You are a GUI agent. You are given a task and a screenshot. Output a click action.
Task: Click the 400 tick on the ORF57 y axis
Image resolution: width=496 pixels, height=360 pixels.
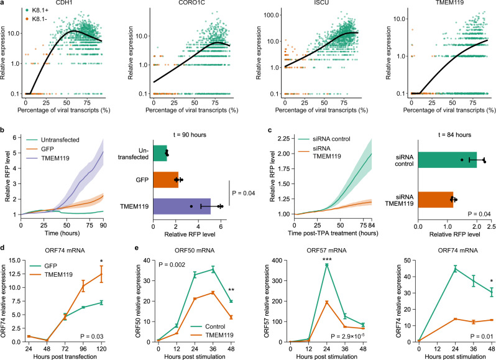coord(280,252)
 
